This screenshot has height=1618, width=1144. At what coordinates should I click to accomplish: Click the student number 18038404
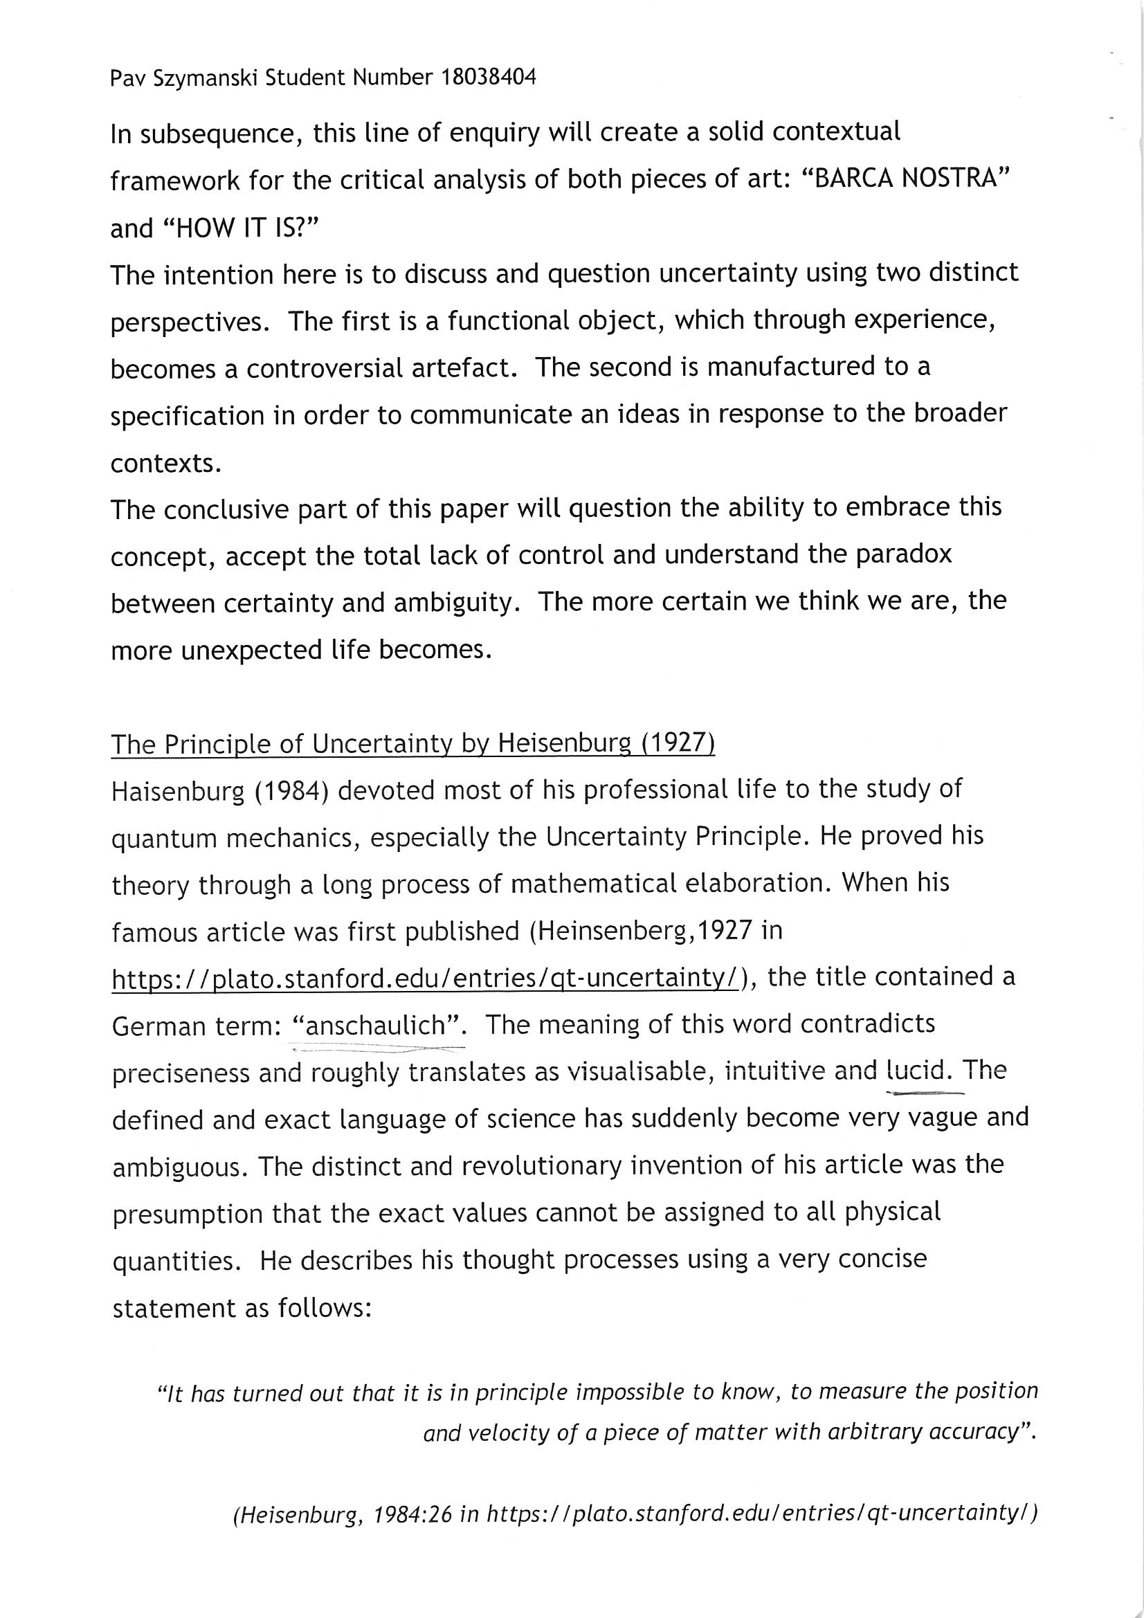(488, 77)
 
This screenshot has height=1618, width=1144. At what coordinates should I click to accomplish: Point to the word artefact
(455, 367)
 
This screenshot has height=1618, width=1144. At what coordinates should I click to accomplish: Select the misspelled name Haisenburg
(177, 791)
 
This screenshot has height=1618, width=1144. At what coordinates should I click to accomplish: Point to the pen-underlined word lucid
(916, 1071)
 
